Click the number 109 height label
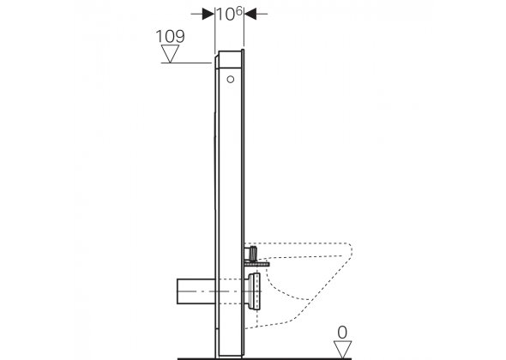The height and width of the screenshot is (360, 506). [x=170, y=37]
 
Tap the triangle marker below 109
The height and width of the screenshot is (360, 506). [x=170, y=53]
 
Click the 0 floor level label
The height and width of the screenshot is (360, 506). [x=342, y=333]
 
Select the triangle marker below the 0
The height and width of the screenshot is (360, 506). [x=342, y=350]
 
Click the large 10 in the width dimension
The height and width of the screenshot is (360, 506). [x=226, y=15]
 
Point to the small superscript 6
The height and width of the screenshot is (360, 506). [x=238, y=10]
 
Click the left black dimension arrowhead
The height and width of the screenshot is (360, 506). [x=208, y=14]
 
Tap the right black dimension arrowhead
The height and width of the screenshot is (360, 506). [x=250, y=14]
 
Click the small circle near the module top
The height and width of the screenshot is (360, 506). [x=231, y=79]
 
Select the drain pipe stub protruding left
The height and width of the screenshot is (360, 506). [x=196, y=291]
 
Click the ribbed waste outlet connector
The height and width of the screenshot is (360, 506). [x=254, y=291]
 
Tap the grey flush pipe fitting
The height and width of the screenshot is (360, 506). [x=251, y=254]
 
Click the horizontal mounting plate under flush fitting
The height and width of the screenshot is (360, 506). [x=257, y=264]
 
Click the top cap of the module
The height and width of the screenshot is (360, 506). [x=230, y=59]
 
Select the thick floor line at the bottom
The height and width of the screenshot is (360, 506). [x=264, y=358]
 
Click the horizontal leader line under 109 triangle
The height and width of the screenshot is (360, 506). [x=186, y=63]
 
